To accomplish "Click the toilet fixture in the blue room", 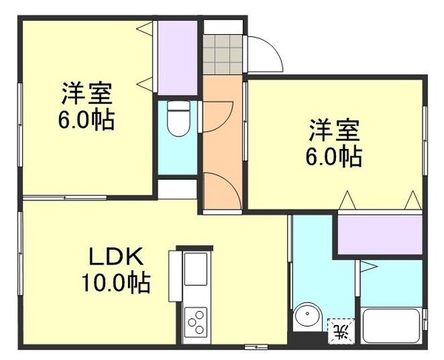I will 178,119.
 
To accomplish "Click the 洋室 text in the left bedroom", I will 87,95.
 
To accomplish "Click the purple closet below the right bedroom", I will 380,233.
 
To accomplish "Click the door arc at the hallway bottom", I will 221,189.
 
